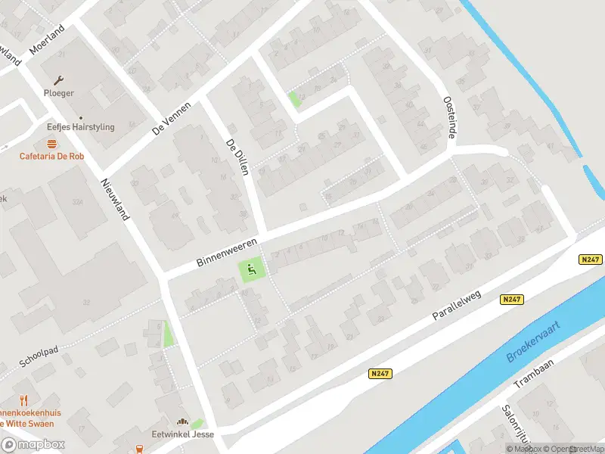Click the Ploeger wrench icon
click(x=58, y=79)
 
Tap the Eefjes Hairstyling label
click(x=81, y=127)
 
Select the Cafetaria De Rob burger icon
click(x=51, y=144)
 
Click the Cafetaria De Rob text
click(x=51, y=157)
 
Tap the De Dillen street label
click(x=237, y=157)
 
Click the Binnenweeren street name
click(x=226, y=252)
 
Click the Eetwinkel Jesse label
click(x=182, y=435)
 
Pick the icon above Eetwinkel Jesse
click(x=181, y=422)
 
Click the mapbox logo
click(x=33, y=444)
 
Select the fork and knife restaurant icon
click(x=23, y=400)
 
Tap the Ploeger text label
click(x=59, y=93)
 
